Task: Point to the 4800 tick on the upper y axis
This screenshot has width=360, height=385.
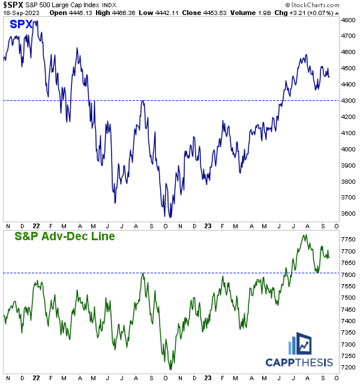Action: point(350,20)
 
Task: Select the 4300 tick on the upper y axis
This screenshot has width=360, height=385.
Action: point(350,100)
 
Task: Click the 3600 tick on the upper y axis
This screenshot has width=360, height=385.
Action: point(350,213)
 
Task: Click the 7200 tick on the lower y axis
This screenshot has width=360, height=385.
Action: point(350,367)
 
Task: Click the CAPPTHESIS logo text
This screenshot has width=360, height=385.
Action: point(299,362)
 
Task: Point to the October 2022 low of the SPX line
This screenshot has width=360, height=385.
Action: point(170,217)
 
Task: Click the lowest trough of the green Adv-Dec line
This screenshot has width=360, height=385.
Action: point(171,369)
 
